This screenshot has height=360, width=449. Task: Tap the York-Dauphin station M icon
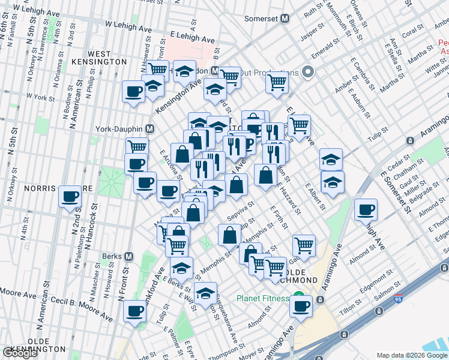150,129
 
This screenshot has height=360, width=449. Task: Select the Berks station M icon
128,256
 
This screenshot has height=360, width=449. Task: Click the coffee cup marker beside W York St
134,92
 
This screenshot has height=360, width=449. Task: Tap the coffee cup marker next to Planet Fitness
301,305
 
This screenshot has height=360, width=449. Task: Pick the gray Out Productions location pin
309,73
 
